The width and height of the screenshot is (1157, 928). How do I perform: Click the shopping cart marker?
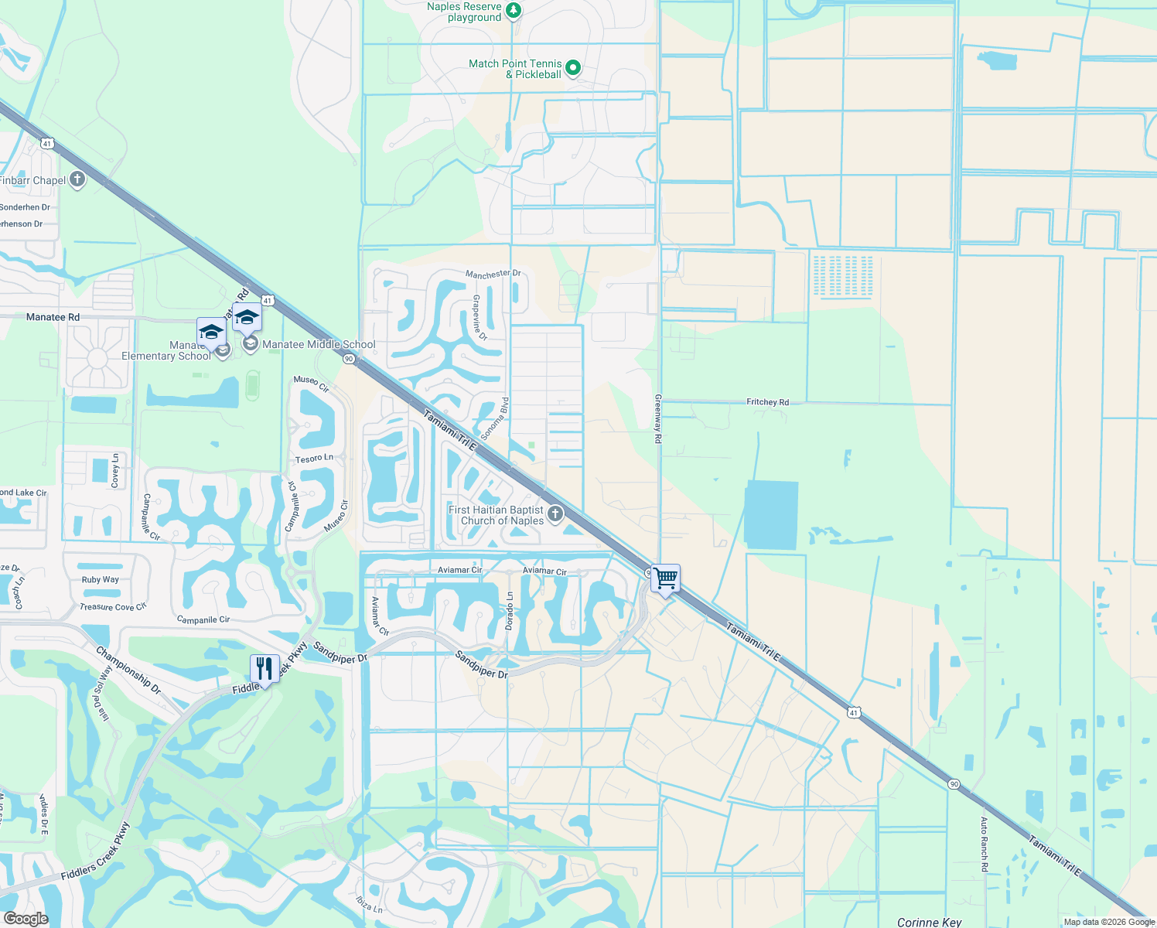[x=665, y=578]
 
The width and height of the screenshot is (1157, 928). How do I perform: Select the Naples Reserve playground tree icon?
[x=514, y=11]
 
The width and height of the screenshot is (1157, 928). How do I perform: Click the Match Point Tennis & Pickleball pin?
[x=573, y=68]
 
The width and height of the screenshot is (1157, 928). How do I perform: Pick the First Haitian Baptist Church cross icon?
[x=555, y=514]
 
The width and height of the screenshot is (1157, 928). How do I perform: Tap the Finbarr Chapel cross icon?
[x=77, y=180]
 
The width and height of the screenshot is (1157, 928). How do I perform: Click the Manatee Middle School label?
[x=319, y=345]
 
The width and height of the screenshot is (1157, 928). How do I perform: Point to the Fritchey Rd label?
[x=767, y=402]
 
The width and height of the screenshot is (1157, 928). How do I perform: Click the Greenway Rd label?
[x=658, y=418]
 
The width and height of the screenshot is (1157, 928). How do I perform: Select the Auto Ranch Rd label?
[x=985, y=844]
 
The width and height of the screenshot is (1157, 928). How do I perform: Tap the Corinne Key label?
[x=929, y=922]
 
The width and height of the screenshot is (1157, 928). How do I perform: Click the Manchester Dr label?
[x=493, y=274]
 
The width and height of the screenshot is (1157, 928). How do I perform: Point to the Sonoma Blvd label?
[x=495, y=419]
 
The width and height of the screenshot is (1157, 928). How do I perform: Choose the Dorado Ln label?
[x=510, y=610]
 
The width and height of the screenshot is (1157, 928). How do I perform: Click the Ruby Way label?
[x=101, y=579]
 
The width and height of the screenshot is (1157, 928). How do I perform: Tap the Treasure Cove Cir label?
[x=113, y=607]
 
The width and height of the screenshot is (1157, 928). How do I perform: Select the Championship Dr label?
[x=128, y=670]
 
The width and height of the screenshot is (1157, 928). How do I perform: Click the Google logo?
[x=26, y=918]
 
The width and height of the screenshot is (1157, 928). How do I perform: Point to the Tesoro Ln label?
[x=314, y=459]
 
